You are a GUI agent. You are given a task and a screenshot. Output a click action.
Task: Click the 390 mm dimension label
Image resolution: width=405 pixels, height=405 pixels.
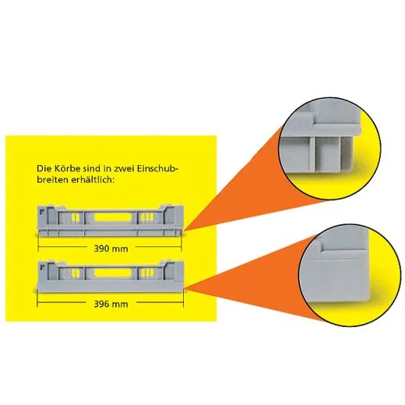coord(111,248)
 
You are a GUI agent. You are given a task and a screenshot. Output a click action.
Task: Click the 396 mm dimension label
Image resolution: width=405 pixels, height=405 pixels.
coord(111,304)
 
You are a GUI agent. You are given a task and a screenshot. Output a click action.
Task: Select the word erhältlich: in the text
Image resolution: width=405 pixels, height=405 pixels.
coord(93,180)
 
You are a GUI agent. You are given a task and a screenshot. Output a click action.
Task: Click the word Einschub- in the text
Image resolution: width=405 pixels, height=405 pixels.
coord(157,168)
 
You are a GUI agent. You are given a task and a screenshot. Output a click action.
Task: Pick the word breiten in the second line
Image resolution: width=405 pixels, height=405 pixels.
coord(52,180)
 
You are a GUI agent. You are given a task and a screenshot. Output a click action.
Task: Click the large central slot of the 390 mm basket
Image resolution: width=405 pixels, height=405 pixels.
coord(113,217)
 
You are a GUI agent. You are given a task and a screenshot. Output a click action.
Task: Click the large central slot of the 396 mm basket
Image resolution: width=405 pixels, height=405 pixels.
coord(113,273)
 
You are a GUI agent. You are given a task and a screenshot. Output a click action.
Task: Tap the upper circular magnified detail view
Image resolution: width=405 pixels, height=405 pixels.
coord(329,148)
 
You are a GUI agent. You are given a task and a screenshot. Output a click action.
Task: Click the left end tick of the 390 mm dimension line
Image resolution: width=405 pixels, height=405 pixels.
coord(38,246)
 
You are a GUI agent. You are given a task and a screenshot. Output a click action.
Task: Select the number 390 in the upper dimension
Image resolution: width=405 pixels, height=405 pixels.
coord(100,248)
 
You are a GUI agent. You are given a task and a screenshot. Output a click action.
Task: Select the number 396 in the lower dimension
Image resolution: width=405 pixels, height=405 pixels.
coord(100,304)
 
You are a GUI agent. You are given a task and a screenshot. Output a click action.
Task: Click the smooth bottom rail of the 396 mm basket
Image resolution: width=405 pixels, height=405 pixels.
coord(111,287)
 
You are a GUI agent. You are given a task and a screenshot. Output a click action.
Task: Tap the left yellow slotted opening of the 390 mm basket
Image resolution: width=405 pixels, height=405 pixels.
coord(76,217)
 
